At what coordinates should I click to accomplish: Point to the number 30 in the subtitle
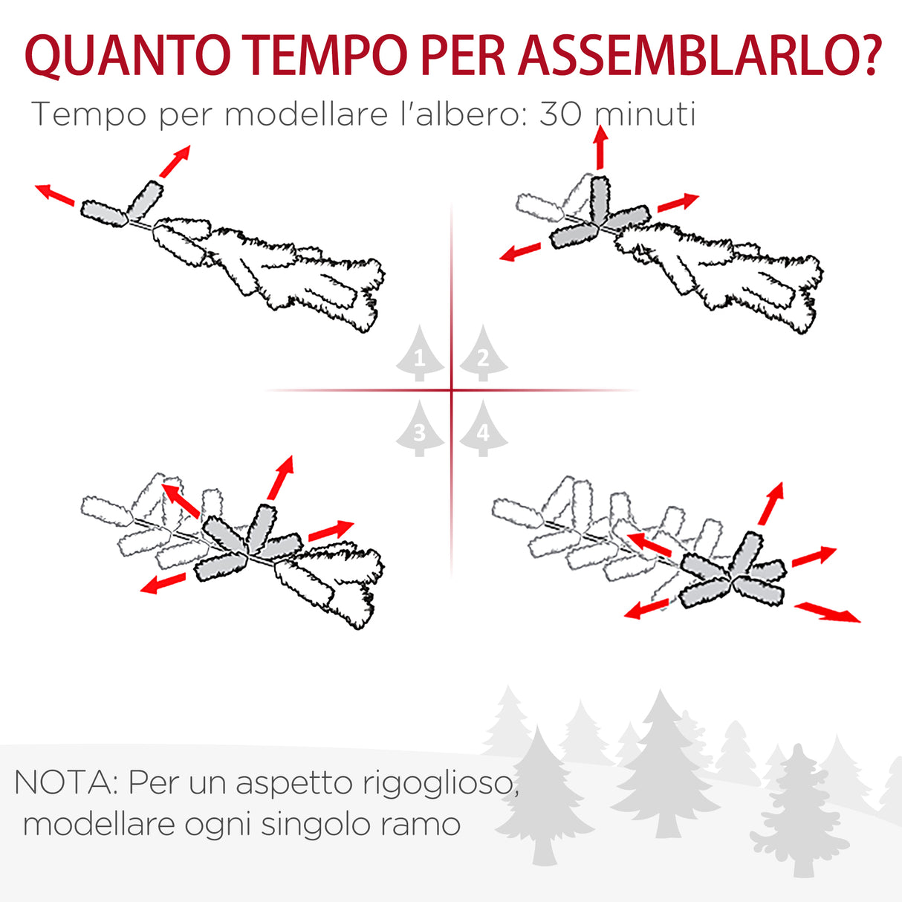(560, 114)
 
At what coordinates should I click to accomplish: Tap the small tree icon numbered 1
(420, 354)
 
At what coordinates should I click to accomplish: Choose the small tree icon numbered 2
(483, 354)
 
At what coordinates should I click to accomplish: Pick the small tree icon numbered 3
(420, 429)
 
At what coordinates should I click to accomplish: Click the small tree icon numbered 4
(483, 429)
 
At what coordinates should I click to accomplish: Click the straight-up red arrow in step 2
(600, 147)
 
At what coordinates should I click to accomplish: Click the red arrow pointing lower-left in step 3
(163, 583)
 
